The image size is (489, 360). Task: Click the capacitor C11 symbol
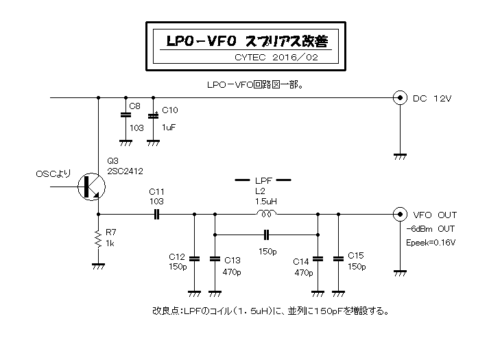(x=156, y=215)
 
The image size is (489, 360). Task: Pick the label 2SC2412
(x=125, y=171)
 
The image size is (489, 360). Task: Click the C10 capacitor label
(x=169, y=110)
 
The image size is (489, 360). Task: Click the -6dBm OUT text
(x=430, y=228)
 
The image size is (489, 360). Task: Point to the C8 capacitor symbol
(x=125, y=116)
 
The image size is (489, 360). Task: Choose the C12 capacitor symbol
(x=194, y=259)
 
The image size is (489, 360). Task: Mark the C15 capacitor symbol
(x=337, y=259)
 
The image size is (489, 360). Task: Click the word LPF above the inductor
(x=264, y=180)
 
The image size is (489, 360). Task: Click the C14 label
(x=301, y=261)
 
